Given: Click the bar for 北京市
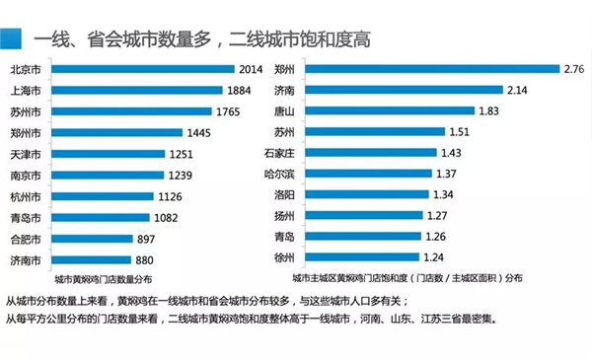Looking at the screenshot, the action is [x=143, y=69].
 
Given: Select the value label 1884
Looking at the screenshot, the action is [x=239, y=91].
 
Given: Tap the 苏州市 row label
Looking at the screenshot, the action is [x=26, y=112].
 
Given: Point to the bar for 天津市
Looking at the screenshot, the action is [x=109, y=154].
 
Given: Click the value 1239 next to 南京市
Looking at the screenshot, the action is [x=181, y=176].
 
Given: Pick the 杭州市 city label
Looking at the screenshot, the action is [x=26, y=197].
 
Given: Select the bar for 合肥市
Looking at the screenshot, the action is [x=92, y=239].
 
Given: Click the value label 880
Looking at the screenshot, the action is [x=144, y=260].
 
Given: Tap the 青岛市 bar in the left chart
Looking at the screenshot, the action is [x=101, y=218].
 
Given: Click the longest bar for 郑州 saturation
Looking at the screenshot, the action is [x=433, y=69].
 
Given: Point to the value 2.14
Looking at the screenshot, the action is [x=517, y=90].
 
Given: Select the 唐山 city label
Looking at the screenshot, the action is [x=284, y=110].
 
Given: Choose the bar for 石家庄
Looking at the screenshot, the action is [x=371, y=153].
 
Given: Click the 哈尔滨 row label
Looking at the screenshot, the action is [x=279, y=174].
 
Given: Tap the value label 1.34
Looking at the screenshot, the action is [x=443, y=194].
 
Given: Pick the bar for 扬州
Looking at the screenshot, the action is [x=364, y=215].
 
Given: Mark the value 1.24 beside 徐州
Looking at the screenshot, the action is [x=433, y=257].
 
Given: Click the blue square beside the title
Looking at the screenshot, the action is [x=11, y=38].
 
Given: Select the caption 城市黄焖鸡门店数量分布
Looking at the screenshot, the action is [x=103, y=280].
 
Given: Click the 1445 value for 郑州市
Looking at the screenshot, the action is [x=199, y=133].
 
